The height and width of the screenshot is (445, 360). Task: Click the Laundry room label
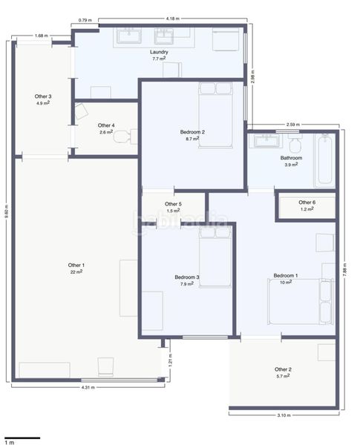[159, 52]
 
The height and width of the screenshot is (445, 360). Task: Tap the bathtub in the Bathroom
[325, 161]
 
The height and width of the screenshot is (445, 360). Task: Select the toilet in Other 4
[125, 136]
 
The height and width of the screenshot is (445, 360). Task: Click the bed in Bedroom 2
[216, 115]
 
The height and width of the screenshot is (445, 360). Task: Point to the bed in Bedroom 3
[215, 257]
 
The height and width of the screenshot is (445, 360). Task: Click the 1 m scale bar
[22, 438]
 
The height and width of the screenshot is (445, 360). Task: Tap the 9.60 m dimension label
[7, 211]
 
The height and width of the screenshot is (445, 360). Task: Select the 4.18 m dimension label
[173, 19]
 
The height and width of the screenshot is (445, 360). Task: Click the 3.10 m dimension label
[284, 415]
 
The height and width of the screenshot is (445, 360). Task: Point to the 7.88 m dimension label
[344, 270]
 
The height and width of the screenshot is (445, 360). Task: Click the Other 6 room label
[307, 202]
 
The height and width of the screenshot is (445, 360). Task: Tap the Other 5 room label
[173, 204]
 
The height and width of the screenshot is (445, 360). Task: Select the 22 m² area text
[76, 271]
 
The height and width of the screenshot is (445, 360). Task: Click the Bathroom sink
[266, 140]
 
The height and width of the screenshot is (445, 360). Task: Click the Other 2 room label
[283, 369]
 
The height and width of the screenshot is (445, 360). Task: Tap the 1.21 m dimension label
[170, 360]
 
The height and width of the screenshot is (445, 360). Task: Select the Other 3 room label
[43, 96]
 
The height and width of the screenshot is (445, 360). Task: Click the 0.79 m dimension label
[85, 20]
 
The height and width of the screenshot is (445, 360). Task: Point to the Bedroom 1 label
[286, 276]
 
